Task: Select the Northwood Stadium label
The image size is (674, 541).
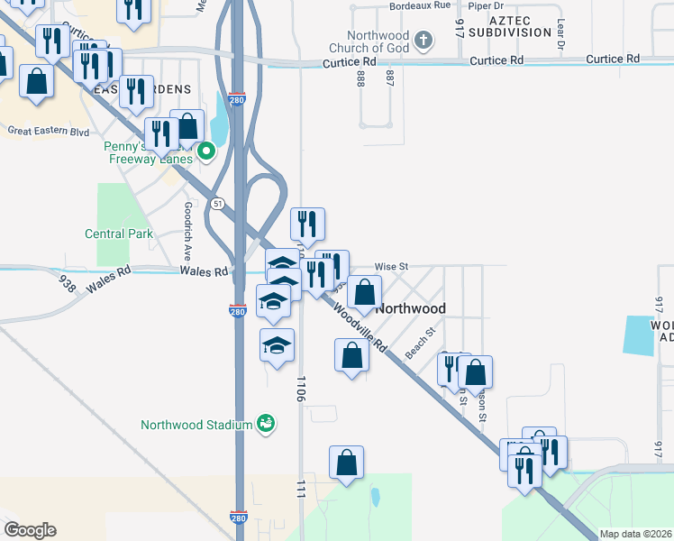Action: [195, 424]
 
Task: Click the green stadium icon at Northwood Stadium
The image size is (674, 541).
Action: [265, 423]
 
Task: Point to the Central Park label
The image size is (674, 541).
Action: [119, 234]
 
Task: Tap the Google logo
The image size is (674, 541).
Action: [30, 530]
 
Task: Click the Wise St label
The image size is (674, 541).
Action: [392, 267]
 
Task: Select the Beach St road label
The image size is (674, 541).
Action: [419, 344]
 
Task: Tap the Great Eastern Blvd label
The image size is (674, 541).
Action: [49, 131]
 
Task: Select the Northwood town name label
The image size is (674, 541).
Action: [410, 308]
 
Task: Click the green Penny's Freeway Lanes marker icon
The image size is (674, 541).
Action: [205, 151]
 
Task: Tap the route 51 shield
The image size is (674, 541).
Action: [218, 204]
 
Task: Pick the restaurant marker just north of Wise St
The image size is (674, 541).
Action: [307, 225]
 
